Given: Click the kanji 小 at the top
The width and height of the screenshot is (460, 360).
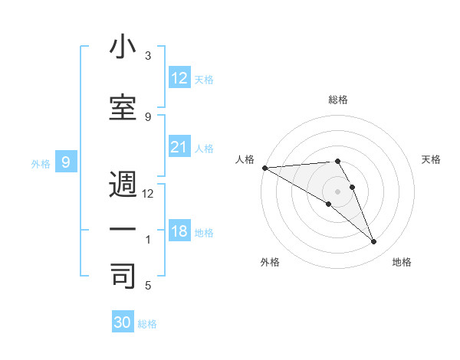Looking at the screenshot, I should [x=123, y=47].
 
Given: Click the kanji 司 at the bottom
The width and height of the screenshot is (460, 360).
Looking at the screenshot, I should [x=123, y=276].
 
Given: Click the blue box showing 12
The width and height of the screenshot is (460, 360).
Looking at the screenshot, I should [x=179, y=77].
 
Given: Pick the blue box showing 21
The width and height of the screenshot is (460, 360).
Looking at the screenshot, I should [x=179, y=147].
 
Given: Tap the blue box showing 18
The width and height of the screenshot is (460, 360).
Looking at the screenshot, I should [x=179, y=231].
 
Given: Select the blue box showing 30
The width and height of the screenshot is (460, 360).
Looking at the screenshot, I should [x=123, y=322].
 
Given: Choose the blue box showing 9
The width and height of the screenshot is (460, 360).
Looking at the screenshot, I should [x=66, y=162].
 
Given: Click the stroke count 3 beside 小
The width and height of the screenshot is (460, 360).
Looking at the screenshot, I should [x=148, y=56].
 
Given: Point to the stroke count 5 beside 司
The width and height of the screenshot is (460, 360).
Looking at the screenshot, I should [x=148, y=285].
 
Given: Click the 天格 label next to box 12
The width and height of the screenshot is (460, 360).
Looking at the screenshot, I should [x=204, y=79].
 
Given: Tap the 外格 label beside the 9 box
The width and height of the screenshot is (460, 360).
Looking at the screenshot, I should [x=41, y=163].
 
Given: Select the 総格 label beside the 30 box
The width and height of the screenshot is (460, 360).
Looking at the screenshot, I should [x=147, y=324].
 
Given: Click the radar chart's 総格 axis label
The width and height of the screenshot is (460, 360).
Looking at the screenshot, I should [x=337, y=100].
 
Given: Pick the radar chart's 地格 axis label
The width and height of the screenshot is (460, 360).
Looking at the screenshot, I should [x=402, y=262].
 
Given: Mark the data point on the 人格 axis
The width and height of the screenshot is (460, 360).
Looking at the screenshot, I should [x=264, y=168].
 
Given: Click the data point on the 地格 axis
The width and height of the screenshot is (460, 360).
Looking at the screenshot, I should [x=374, y=242].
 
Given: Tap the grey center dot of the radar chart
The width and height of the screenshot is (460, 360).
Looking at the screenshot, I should [x=337, y=191].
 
